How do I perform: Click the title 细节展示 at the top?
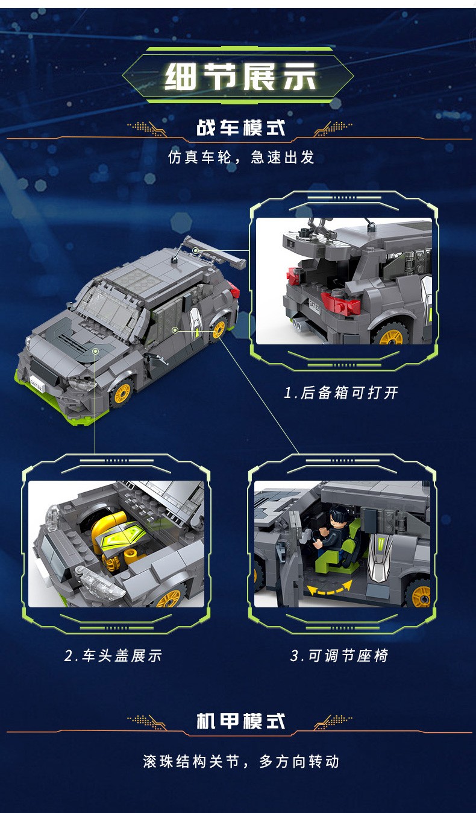pyautogui.click(x=241, y=77)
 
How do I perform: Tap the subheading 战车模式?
pyautogui.click(x=241, y=128)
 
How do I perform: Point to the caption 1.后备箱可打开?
pyautogui.click(x=341, y=393)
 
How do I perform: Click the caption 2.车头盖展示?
pyautogui.click(x=113, y=656)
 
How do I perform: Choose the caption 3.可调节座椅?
pyautogui.click(x=339, y=656)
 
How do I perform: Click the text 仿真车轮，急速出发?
pyautogui.click(x=241, y=157)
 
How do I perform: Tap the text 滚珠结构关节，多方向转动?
pyautogui.click(x=241, y=761)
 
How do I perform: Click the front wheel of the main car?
pyautogui.click(x=122, y=393)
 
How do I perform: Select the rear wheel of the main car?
pyautogui.click(x=218, y=330)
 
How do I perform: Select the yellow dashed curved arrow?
pyautogui.click(x=330, y=589)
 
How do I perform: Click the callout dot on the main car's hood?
pyautogui.click(x=95, y=351)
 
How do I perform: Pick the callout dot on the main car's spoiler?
pyautogui.click(x=195, y=250)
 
